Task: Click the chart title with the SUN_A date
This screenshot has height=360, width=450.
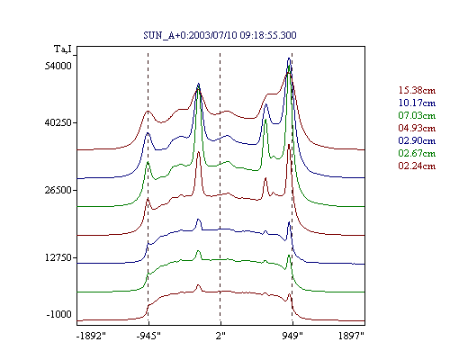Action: point(220,35)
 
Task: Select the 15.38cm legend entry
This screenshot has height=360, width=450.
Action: point(417,90)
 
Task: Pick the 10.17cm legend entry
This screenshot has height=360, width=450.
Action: point(417,103)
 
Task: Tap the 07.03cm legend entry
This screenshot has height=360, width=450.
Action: point(417,115)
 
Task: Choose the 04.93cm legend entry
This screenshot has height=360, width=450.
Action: point(417,128)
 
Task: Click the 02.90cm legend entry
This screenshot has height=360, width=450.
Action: point(417,140)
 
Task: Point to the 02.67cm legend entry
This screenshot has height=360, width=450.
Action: point(417,153)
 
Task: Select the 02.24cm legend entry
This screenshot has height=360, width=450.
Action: point(417,166)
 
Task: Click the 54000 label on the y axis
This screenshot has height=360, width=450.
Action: point(58,66)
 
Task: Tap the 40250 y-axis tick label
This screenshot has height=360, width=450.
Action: point(58,122)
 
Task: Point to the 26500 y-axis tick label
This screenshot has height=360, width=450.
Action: point(58,190)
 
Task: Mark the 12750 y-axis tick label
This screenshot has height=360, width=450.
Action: point(58,257)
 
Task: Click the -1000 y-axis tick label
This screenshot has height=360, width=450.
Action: point(59,314)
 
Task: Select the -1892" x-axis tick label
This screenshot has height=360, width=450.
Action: point(92,336)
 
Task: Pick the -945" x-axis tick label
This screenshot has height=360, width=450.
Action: point(148,336)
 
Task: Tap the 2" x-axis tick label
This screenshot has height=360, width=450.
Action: point(220,336)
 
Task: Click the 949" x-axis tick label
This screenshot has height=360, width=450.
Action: point(292,336)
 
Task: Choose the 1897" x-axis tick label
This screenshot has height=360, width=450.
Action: point(351,336)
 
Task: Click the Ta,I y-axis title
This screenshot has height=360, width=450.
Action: point(63,49)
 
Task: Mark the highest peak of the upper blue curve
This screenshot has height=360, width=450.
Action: point(289,58)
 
